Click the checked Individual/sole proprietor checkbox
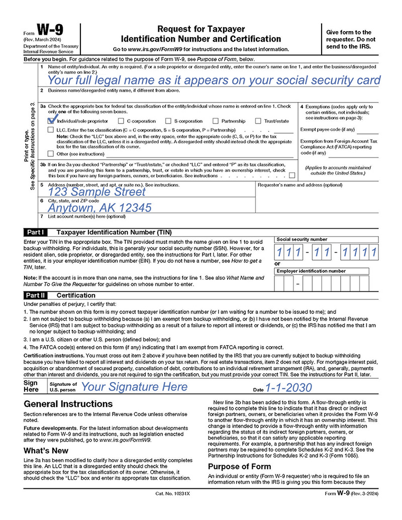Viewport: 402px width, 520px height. coord(51,121)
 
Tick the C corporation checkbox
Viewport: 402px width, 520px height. coord(122,121)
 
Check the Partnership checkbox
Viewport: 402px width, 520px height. coord(216,121)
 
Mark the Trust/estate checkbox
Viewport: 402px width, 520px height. coord(258,121)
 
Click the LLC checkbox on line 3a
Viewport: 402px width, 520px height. coord(51,130)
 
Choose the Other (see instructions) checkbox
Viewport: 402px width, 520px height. coord(51,154)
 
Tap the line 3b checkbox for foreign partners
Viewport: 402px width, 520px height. coord(292,175)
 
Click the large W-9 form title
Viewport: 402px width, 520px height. coord(49,32)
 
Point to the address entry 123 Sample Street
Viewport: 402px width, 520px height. coord(96,192)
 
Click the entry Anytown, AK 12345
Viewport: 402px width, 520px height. coord(99,207)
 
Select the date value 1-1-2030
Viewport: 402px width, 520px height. coord(288,387)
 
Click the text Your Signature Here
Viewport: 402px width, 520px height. coord(134,387)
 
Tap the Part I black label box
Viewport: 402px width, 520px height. coord(36,233)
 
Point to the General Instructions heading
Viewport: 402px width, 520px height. coord(68,404)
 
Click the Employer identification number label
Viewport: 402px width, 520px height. coord(311,271)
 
